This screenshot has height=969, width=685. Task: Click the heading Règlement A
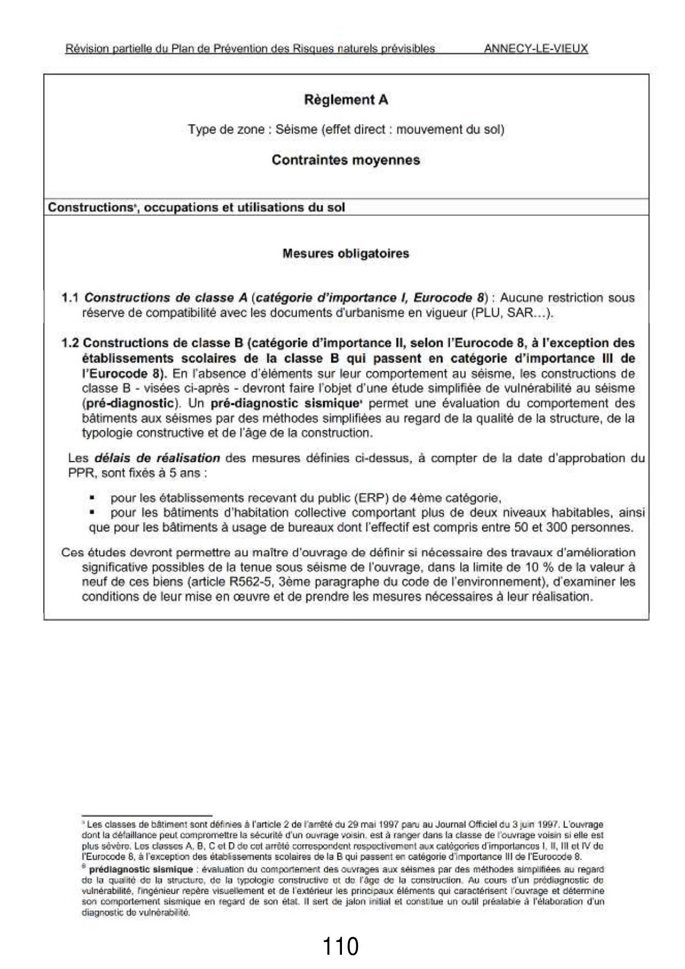click(x=346, y=100)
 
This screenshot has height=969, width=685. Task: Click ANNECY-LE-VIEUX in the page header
click(x=535, y=49)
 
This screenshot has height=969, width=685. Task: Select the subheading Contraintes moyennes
click(x=346, y=160)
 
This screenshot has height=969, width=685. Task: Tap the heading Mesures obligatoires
click(x=346, y=254)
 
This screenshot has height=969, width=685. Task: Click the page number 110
click(x=340, y=946)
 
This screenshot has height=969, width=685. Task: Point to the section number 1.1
click(x=70, y=298)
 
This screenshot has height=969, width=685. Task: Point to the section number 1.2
click(x=70, y=343)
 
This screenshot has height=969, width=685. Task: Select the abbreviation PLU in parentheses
click(x=483, y=313)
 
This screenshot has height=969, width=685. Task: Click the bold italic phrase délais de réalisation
click(x=157, y=458)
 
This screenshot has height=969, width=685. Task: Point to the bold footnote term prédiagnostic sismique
click(x=141, y=870)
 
